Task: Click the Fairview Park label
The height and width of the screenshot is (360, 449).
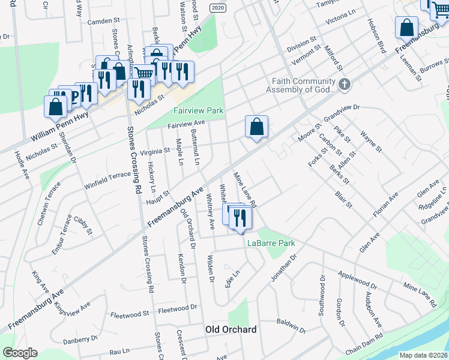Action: (x=198, y=110)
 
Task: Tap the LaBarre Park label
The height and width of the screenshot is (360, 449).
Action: (x=271, y=244)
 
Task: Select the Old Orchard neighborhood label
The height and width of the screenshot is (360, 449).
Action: (x=231, y=329)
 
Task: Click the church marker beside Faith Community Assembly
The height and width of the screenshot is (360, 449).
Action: (x=345, y=84)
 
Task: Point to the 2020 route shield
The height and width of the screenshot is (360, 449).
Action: (x=218, y=7)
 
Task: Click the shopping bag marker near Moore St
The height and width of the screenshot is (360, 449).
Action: (x=256, y=127)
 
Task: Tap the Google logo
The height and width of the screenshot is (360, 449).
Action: (x=20, y=353)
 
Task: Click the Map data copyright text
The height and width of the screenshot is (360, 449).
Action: (x=423, y=355)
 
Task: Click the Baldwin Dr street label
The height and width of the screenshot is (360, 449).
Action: (x=292, y=326)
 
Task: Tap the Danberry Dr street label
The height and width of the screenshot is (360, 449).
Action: (x=80, y=339)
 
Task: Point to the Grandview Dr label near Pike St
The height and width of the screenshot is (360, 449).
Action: (x=340, y=112)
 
